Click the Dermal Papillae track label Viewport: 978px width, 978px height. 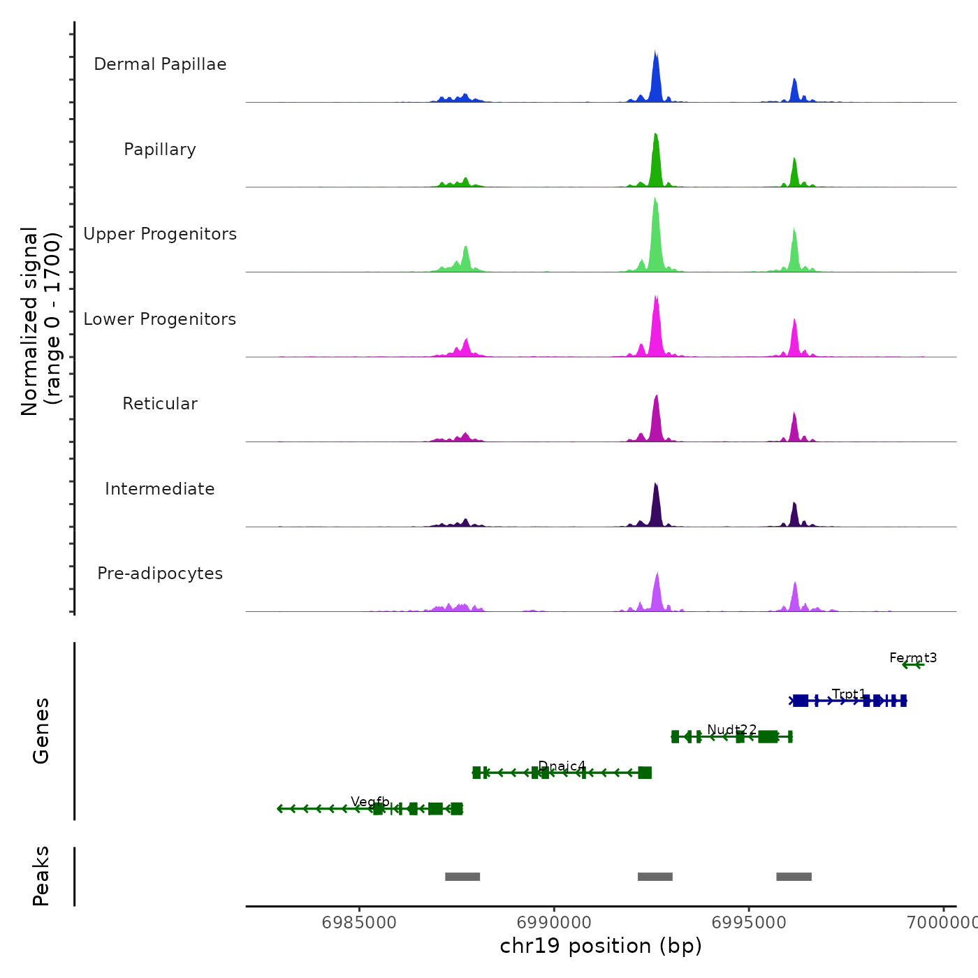pos(160,64)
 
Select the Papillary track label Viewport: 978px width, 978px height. pos(160,149)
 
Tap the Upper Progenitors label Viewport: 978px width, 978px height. pos(160,234)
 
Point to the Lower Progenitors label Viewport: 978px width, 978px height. pos(160,319)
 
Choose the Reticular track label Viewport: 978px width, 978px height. pos(160,404)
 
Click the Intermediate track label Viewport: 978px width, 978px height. pos(160,489)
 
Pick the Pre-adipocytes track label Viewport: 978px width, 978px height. pos(160,574)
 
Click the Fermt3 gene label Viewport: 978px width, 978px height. pos(913,657)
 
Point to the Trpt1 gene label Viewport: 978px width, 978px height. pos(849,694)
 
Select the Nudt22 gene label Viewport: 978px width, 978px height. pos(731,730)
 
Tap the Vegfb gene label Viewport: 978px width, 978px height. pos(370,801)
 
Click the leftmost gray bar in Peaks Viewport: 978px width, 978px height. pos(462,877)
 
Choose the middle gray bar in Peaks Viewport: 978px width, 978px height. pos(655,877)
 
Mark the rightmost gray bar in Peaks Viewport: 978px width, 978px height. pos(794,877)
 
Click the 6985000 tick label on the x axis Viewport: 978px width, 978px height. pos(359,923)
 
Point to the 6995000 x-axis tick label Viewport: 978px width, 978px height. pos(749,923)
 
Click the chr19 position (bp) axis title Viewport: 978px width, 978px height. pos(601,946)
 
